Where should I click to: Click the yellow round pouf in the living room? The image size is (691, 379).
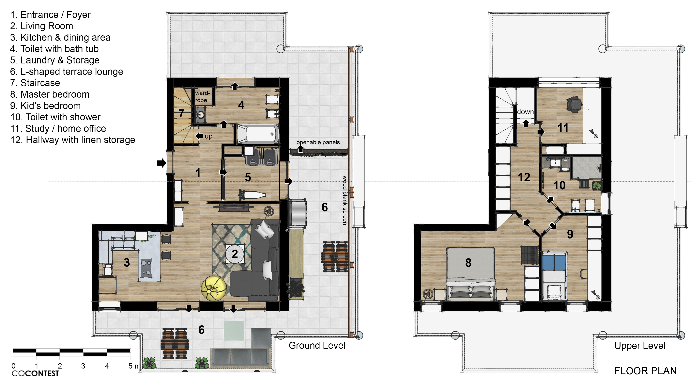click(214, 288)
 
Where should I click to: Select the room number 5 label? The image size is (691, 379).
click(248, 177)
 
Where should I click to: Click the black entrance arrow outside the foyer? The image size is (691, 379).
click(161, 163)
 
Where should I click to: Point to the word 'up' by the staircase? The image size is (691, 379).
click(208, 136)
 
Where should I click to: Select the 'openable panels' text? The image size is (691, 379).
click(318, 142)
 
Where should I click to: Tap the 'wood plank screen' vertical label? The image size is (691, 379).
click(345, 200)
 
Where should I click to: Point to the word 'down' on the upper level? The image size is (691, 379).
click(525, 112)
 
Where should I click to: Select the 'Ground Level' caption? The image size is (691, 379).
click(317, 345)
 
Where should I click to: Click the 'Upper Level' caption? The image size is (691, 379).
click(640, 346)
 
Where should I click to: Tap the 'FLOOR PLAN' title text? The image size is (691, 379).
click(645, 371)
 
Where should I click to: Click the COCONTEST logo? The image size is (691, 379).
click(35, 373)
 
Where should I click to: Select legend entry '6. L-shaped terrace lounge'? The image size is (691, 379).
click(67, 72)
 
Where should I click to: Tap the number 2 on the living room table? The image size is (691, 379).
click(235, 254)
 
